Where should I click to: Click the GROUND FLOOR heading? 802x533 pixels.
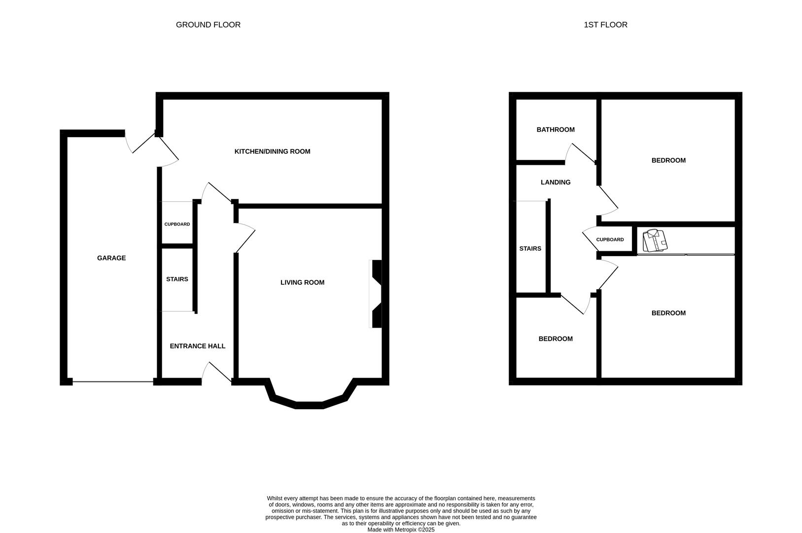pos(208,25)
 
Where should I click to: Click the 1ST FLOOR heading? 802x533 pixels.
pos(605,25)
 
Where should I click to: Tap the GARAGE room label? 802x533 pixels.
pos(111,258)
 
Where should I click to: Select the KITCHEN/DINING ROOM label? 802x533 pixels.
pos(272,152)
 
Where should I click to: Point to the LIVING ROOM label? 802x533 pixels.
pos(302,283)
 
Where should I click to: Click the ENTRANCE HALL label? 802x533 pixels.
pos(197,346)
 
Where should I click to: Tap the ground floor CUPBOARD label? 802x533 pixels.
pos(177,224)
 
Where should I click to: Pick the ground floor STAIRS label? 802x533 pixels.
pos(177,279)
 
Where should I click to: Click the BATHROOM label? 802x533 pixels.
pos(556,130)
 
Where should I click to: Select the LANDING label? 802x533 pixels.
pos(556,182)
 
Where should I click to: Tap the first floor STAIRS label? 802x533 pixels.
pos(530,249)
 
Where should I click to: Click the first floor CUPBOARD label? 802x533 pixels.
pos(610,240)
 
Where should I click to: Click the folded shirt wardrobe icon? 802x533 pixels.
pos(655,240)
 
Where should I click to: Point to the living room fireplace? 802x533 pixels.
pos(376,294)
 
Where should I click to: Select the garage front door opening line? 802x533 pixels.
pos(113,381)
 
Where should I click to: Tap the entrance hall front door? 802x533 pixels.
pos(217,373)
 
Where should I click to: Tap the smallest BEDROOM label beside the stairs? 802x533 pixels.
pos(556,339)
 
